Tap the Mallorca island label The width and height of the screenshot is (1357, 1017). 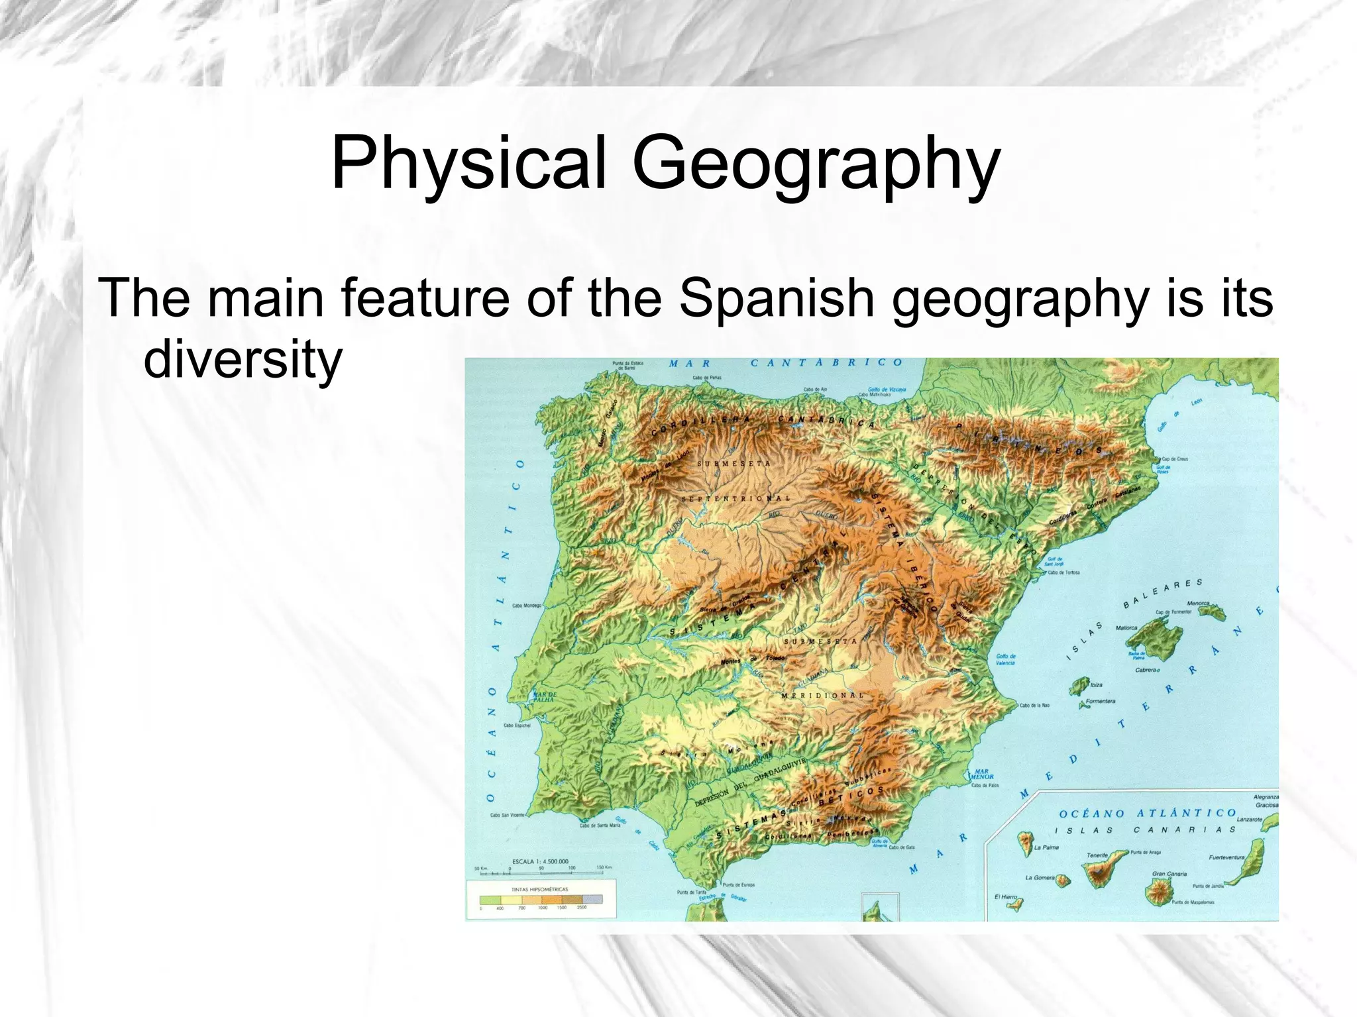click(1126, 627)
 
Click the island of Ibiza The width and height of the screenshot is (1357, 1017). click(1079, 686)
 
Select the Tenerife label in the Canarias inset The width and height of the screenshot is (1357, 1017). click(1097, 855)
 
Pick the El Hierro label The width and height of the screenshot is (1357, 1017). click(1005, 897)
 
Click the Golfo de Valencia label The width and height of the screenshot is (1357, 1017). click(1005, 659)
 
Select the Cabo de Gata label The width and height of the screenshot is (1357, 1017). click(902, 847)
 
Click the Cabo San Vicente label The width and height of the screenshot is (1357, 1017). click(508, 815)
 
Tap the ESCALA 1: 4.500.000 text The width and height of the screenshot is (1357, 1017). click(540, 861)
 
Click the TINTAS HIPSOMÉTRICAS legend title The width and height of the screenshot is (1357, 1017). click(540, 889)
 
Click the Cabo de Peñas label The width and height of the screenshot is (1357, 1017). click(707, 378)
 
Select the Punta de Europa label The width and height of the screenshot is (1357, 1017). click(737, 884)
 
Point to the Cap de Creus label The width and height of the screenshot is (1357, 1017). click(1175, 458)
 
